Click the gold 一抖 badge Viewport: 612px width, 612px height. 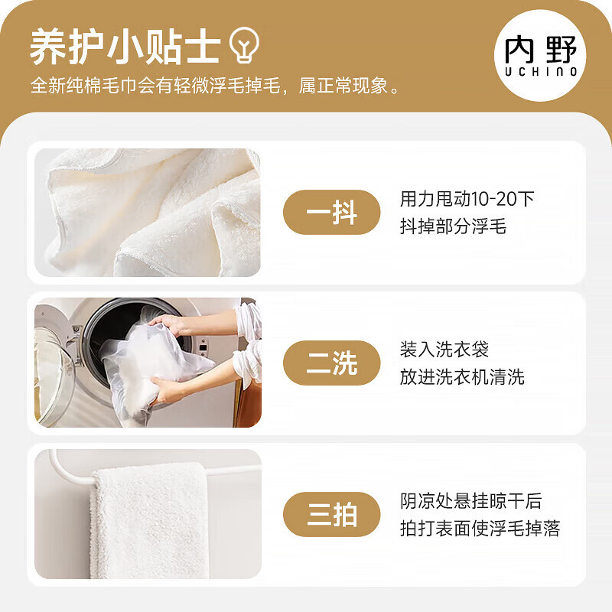coord(332,212)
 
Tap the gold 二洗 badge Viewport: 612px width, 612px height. coord(332,363)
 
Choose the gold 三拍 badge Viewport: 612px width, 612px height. coord(332,514)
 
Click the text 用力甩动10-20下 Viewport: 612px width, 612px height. coord(467,199)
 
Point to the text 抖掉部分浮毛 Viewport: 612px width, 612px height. coord(453,226)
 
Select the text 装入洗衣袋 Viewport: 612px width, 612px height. coord(444,350)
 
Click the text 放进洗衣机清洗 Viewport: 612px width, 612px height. coord(462,377)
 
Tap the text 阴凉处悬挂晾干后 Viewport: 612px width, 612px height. coord(470,501)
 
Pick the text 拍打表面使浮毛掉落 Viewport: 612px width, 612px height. coord(480,529)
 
